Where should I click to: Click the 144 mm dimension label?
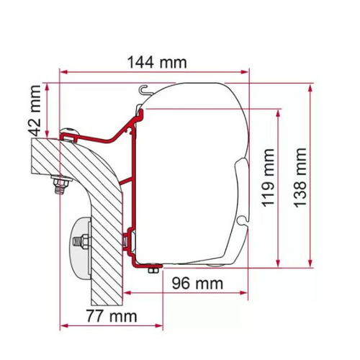click(x=153, y=62)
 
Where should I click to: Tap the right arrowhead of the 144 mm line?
click(x=245, y=72)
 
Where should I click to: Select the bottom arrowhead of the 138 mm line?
click(x=310, y=264)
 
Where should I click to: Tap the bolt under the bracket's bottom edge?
click(x=153, y=268)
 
